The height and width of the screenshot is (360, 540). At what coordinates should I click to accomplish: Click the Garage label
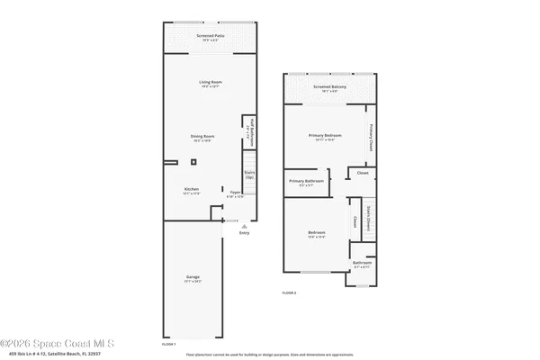pos(193,278)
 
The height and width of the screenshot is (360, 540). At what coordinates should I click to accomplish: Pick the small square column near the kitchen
pos(193,162)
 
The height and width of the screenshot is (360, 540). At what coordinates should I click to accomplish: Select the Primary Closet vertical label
pos(370,136)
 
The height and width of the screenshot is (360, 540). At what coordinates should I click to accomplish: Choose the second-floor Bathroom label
pos(362,264)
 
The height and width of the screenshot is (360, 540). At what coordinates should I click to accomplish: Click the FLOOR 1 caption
pos(168,344)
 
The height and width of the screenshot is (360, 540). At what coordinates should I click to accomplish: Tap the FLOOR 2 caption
pos(289,293)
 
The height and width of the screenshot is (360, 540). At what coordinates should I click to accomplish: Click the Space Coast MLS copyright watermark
pos(63,343)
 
